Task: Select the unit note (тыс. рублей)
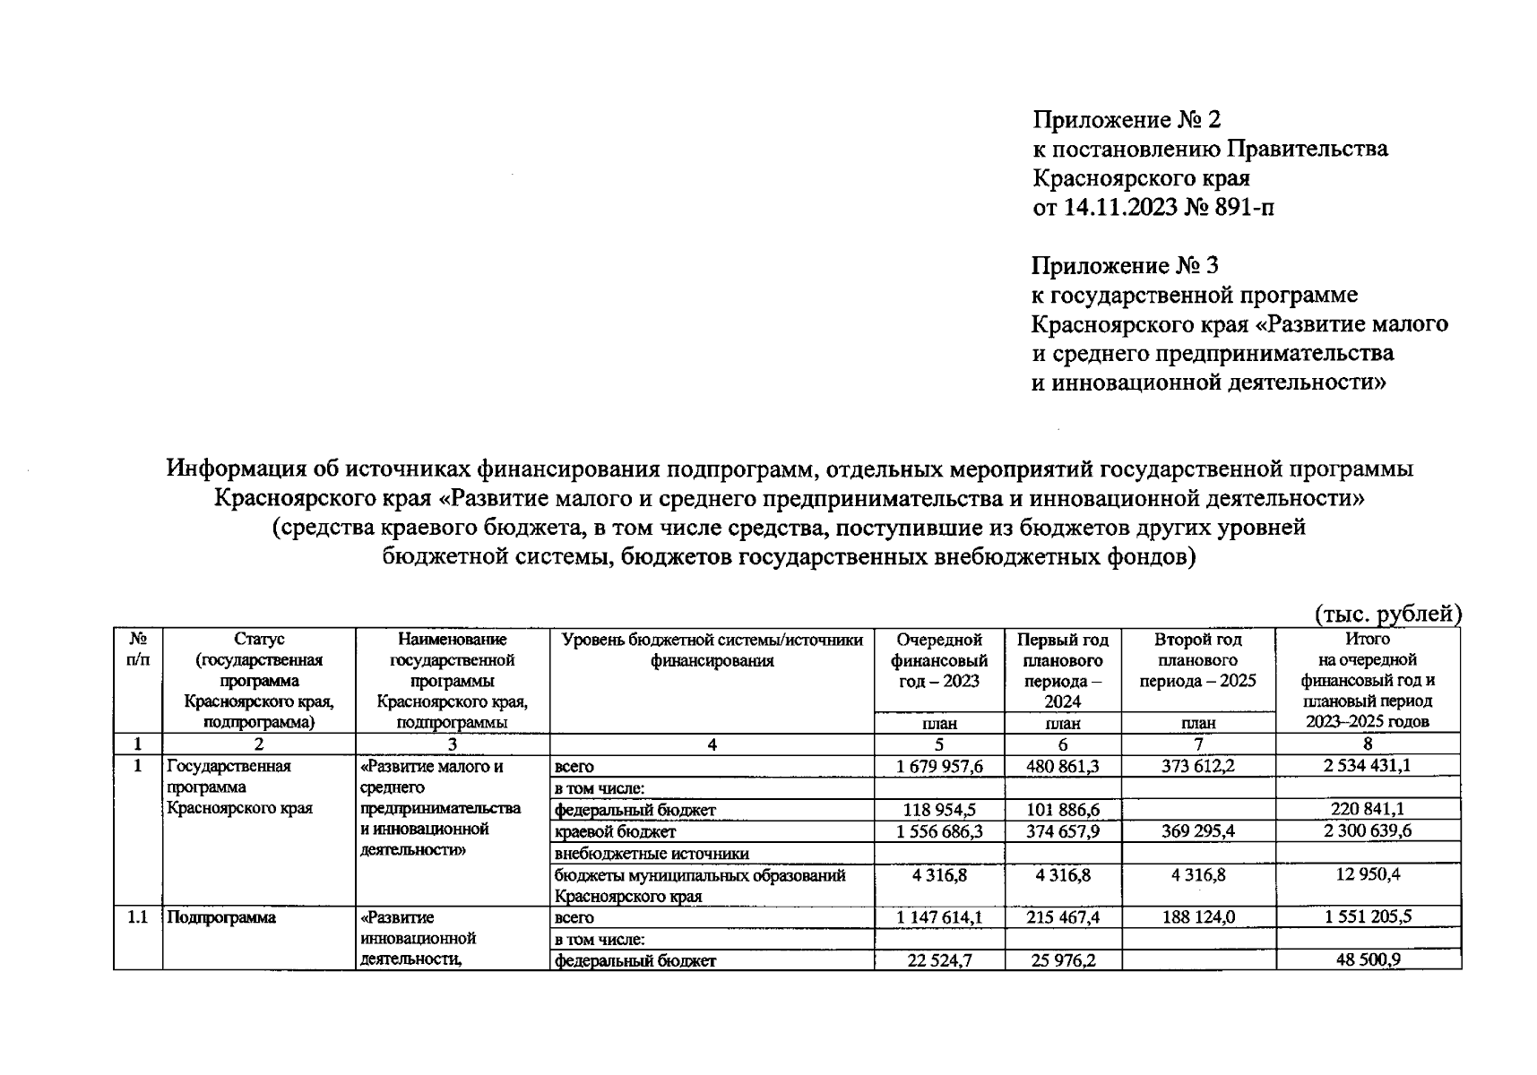[x=1387, y=614]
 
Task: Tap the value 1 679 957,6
[x=938, y=767]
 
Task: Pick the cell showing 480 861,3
[x=1062, y=767]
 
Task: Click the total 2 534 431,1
[x=1367, y=767]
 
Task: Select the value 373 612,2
[x=1197, y=767]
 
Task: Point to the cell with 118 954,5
[x=938, y=810]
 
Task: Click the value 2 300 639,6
[x=1367, y=831]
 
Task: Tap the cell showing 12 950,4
[x=1367, y=874]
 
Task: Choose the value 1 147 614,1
[x=938, y=917]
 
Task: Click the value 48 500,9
[x=1367, y=960]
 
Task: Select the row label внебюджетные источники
[x=652, y=853]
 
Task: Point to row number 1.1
[x=137, y=917]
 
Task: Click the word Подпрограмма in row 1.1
[x=221, y=917]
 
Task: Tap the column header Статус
[x=259, y=640]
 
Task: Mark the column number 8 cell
[x=1367, y=744]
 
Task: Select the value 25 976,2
[x=1062, y=960]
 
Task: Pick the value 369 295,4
[x=1197, y=831]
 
